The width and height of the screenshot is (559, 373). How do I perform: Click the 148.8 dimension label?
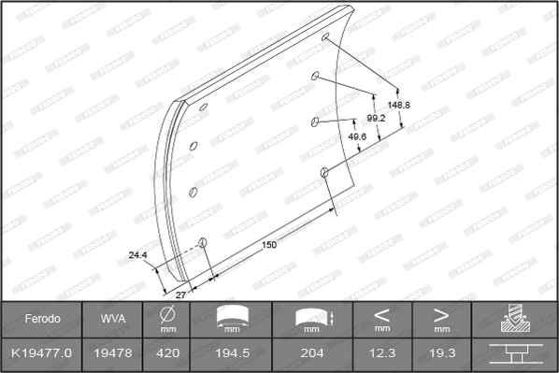coord(400,105)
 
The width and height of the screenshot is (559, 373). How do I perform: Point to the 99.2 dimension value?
coord(375,119)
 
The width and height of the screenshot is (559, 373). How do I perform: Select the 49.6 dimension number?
coord(356,136)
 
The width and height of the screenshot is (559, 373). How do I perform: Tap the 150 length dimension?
coord(268,245)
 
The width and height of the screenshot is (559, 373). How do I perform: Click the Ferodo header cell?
coord(42,319)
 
